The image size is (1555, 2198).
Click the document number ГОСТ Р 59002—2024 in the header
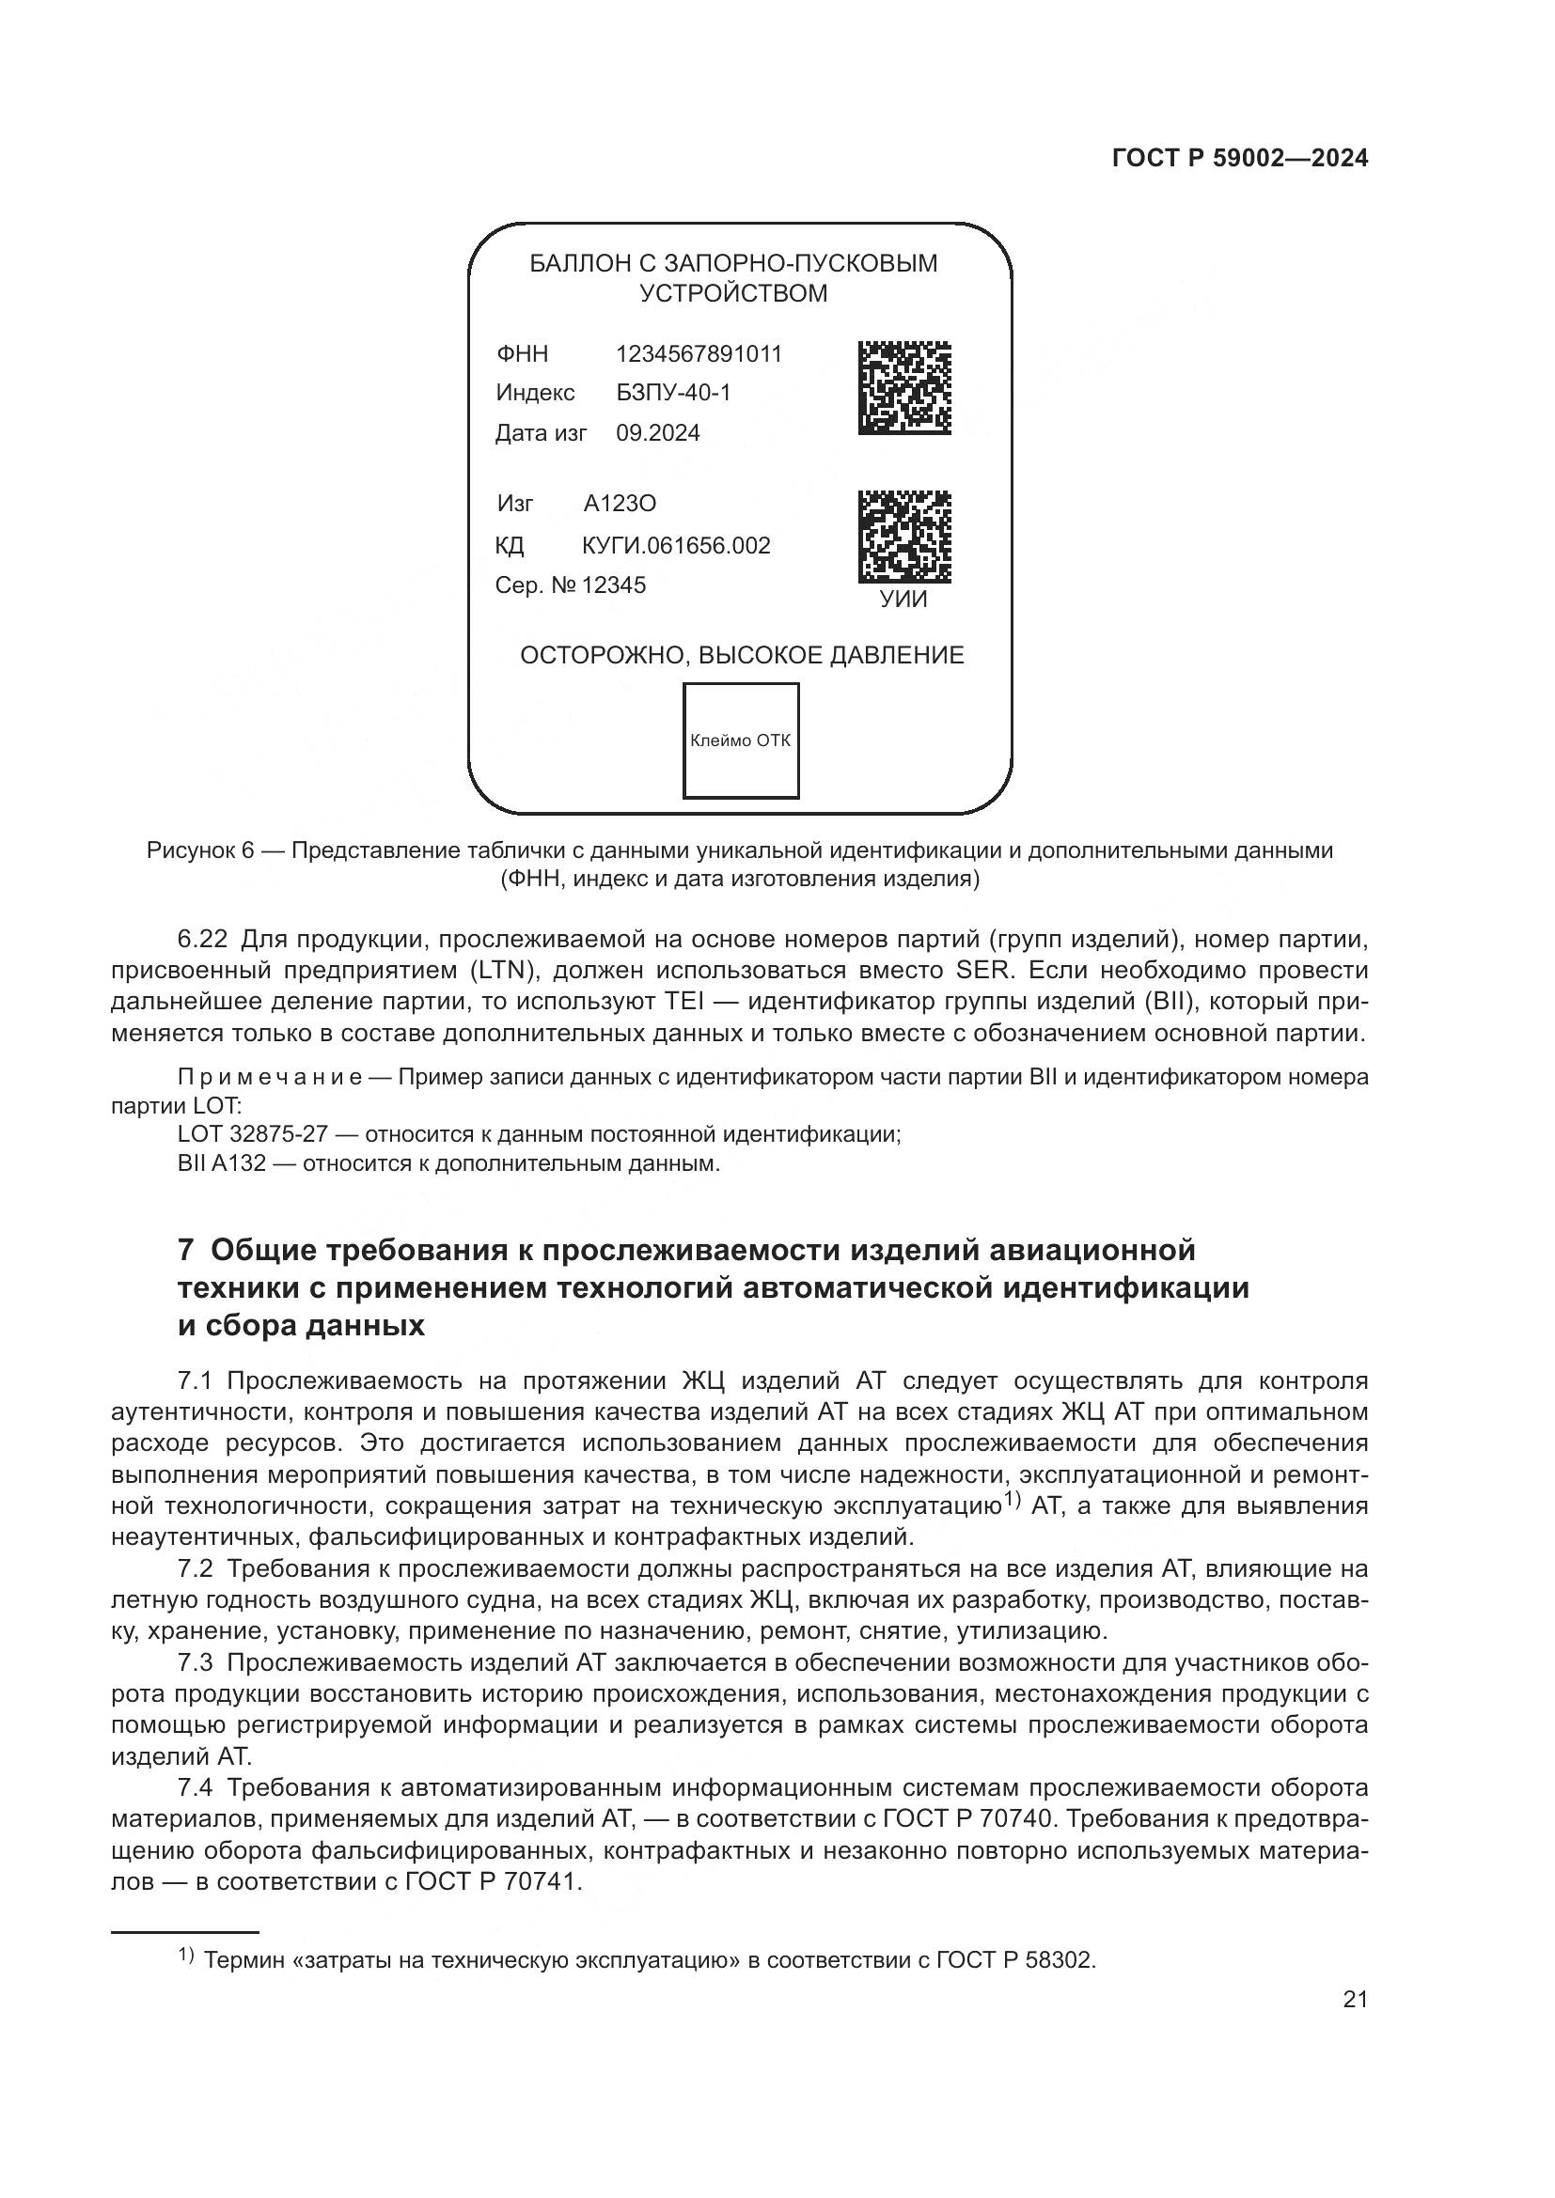pyautogui.click(x=1240, y=158)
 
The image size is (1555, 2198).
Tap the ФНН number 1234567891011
pyautogui.click(x=698, y=354)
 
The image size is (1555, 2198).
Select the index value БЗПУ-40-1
pyautogui.click(x=673, y=393)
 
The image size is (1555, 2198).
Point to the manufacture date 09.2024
pyautogui.click(x=658, y=433)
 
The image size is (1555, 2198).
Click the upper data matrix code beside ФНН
pyautogui.click(x=903, y=388)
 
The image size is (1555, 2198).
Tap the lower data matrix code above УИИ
pyautogui.click(x=903, y=538)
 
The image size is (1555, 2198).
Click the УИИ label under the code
pyautogui.click(x=903, y=600)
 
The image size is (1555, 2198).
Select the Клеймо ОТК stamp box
pyautogui.click(x=740, y=740)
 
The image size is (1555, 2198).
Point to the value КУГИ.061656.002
pyautogui.click(x=676, y=546)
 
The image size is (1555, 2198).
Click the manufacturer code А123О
pyautogui.click(x=620, y=504)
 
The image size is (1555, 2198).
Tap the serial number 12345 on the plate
pyautogui.click(x=614, y=585)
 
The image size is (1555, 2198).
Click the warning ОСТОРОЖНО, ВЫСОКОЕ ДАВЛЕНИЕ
pyautogui.click(x=741, y=656)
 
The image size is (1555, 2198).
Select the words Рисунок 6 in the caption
pyautogui.click(x=200, y=850)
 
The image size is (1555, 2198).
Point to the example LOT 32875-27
pyautogui.click(x=253, y=1134)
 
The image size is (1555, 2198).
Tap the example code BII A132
pyautogui.click(x=221, y=1164)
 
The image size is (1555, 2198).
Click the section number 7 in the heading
pyautogui.click(x=187, y=1250)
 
